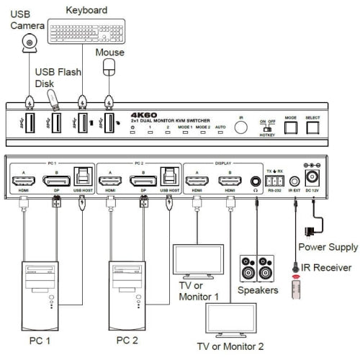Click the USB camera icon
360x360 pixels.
coord(30,45)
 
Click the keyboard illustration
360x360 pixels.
coord(86,32)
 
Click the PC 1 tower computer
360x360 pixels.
coord(42,295)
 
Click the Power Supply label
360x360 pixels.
coord(328,247)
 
